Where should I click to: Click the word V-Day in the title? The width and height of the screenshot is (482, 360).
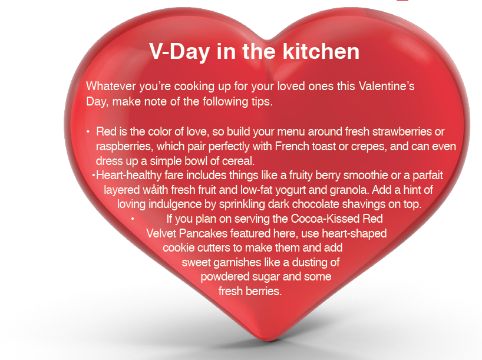tap(180, 52)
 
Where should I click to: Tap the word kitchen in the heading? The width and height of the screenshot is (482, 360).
tap(321, 51)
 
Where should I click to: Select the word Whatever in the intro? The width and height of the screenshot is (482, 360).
tap(111, 86)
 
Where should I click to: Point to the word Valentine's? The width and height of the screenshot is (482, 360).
tap(387, 86)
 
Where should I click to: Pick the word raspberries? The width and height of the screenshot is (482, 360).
tap(124, 147)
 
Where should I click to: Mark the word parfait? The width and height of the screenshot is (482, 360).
tap(428, 176)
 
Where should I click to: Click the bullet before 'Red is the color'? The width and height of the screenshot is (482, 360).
tap(88, 132)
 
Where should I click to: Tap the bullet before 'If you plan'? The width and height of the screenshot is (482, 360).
tap(133, 219)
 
